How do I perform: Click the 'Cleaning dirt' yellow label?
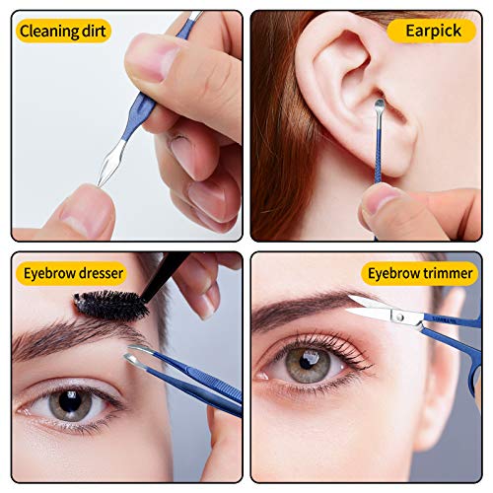point(63,31)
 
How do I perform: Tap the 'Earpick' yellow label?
point(432,31)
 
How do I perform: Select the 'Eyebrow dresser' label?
point(72,273)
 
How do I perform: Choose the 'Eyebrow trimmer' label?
point(419,273)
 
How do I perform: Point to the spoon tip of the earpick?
point(380,105)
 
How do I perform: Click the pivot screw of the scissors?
point(400,317)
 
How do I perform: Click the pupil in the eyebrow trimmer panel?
point(308,363)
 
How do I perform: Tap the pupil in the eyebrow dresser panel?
point(70,401)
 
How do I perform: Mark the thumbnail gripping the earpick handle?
point(378,200)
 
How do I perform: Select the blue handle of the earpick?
point(378,155)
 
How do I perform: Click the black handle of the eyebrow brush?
point(165,275)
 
